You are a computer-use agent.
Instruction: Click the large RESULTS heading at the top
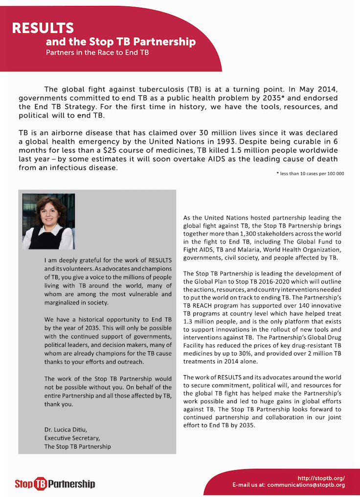(43, 28)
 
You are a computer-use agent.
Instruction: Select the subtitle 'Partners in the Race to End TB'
(97, 52)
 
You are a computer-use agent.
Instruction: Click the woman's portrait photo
(48, 222)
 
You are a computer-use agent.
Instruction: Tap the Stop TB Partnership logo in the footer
(55, 483)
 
